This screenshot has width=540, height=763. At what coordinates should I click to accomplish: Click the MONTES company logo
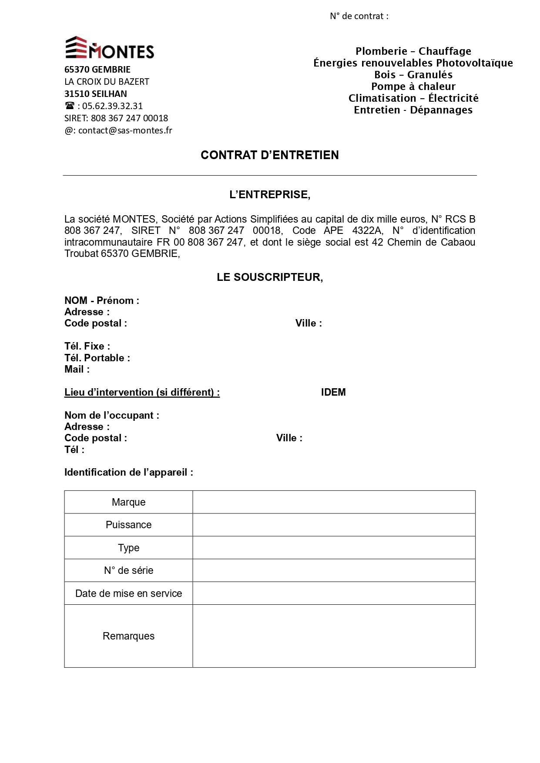[110, 48]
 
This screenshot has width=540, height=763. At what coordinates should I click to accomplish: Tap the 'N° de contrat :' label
[359, 16]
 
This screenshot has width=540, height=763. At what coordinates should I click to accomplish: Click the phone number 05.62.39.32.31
[112, 106]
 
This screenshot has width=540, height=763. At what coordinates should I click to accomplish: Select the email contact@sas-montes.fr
[125, 130]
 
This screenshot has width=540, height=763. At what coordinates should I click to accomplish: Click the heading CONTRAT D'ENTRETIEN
[269, 155]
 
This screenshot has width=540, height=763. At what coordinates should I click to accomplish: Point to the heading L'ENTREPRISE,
[270, 195]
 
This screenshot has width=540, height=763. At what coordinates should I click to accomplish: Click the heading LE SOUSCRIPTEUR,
[270, 277]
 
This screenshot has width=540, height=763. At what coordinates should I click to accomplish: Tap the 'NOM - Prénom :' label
[102, 300]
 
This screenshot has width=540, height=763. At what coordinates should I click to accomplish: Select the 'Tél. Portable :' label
[97, 358]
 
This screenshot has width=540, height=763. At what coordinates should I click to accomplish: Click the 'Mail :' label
[77, 370]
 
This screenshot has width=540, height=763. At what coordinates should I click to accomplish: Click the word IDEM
[333, 392]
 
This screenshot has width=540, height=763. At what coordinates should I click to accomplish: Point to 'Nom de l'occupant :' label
[112, 415]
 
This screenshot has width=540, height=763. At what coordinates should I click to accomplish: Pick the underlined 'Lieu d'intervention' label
[142, 392]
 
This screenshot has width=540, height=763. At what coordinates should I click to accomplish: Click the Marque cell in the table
[128, 502]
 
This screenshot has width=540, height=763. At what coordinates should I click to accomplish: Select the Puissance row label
[128, 525]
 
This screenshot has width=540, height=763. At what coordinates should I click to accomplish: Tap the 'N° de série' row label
[128, 570]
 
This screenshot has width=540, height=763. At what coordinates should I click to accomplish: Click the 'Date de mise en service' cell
[128, 593]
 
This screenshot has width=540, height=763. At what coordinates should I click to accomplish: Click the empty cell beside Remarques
[334, 636]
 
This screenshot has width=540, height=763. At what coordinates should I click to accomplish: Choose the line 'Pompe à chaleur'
[413, 87]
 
